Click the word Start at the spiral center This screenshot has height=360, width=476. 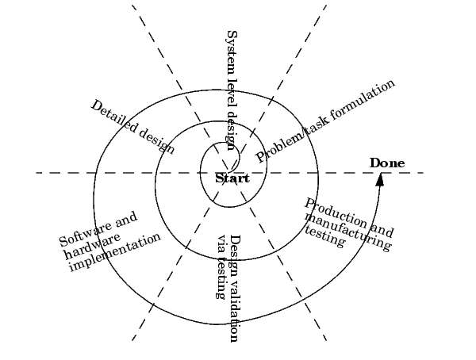pos(232,178)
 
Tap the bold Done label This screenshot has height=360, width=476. pos(387,163)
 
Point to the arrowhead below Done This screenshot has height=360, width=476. pos(380,179)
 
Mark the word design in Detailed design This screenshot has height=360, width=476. pos(156,141)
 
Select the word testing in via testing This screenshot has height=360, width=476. pos(221,277)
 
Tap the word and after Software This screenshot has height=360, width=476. pos(125,219)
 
